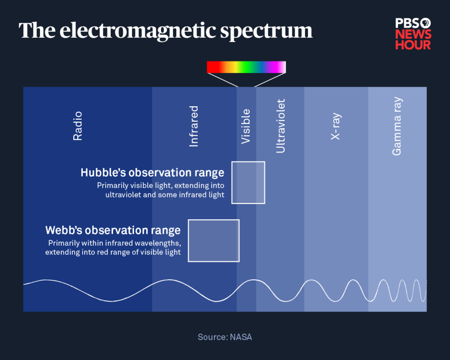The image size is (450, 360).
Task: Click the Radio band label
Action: pyautogui.click(x=78, y=126)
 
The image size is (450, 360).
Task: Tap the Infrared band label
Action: pyautogui.click(x=194, y=126)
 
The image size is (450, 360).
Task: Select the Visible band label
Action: pyautogui.click(x=246, y=126)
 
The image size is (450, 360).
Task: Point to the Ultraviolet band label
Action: pyautogui.click(x=281, y=126)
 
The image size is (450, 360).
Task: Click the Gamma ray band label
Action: pyautogui.click(x=397, y=126)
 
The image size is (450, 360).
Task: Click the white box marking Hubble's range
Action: pyautogui.click(x=248, y=182)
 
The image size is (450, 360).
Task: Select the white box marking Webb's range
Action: pyautogui.click(x=214, y=240)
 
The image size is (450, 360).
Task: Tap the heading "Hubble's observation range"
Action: pyautogui.click(x=152, y=173)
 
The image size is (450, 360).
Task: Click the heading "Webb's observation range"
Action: pyautogui.click(x=113, y=230)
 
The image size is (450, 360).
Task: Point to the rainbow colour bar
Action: pyautogui.click(x=246, y=67)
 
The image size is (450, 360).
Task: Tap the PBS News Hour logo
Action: pyautogui.click(x=413, y=34)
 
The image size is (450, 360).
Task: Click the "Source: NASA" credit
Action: pyautogui.click(x=225, y=337)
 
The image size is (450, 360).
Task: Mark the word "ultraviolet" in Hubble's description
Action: pyautogui.click(x=124, y=195)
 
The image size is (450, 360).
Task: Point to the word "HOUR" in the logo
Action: pyautogui.click(x=413, y=45)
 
